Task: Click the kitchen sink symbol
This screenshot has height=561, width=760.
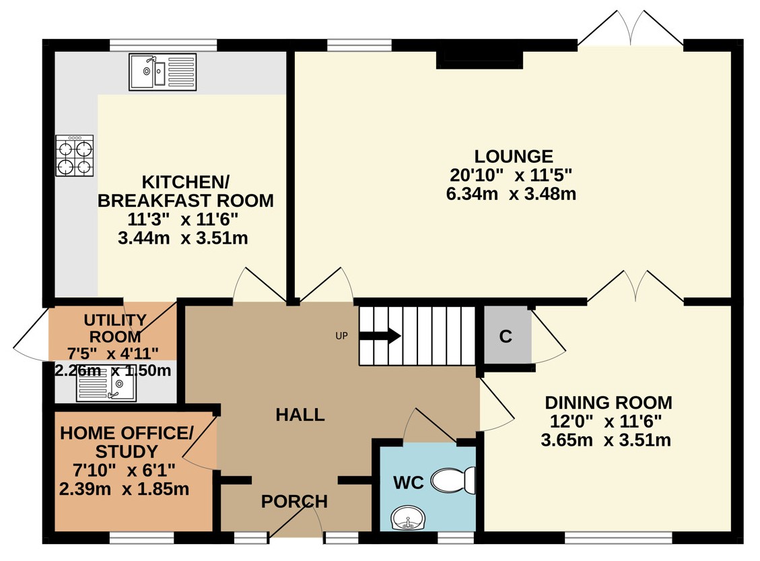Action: [x=162, y=72]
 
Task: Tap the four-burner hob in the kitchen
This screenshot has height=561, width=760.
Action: [x=75, y=156]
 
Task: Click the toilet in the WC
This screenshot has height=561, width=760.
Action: [x=454, y=480]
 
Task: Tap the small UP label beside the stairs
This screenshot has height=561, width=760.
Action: [x=342, y=335]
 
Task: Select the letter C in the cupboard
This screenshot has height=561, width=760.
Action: [x=506, y=336]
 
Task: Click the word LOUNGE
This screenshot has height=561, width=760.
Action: [x=514, y=156]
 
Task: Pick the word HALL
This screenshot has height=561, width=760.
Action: [x=300, y=415]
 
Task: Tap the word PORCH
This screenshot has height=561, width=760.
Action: [x=294, y=501]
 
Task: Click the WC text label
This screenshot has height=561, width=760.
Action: [x=409, y=482]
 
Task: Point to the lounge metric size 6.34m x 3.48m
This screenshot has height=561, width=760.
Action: [x=511, y=194]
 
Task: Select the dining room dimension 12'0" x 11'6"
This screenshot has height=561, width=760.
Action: [x=606, y=422]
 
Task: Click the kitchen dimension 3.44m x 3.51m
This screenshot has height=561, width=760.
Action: [x=182, y=238]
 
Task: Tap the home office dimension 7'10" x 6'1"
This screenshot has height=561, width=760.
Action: [x=124, y=470]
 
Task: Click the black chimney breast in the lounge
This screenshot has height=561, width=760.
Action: [x=480, y=59]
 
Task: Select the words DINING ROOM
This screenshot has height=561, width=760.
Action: [x=609, y=403]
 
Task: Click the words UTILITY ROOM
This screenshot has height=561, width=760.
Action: [x=115, y=328]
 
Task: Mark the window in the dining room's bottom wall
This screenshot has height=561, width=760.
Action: [x=619, y=537]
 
